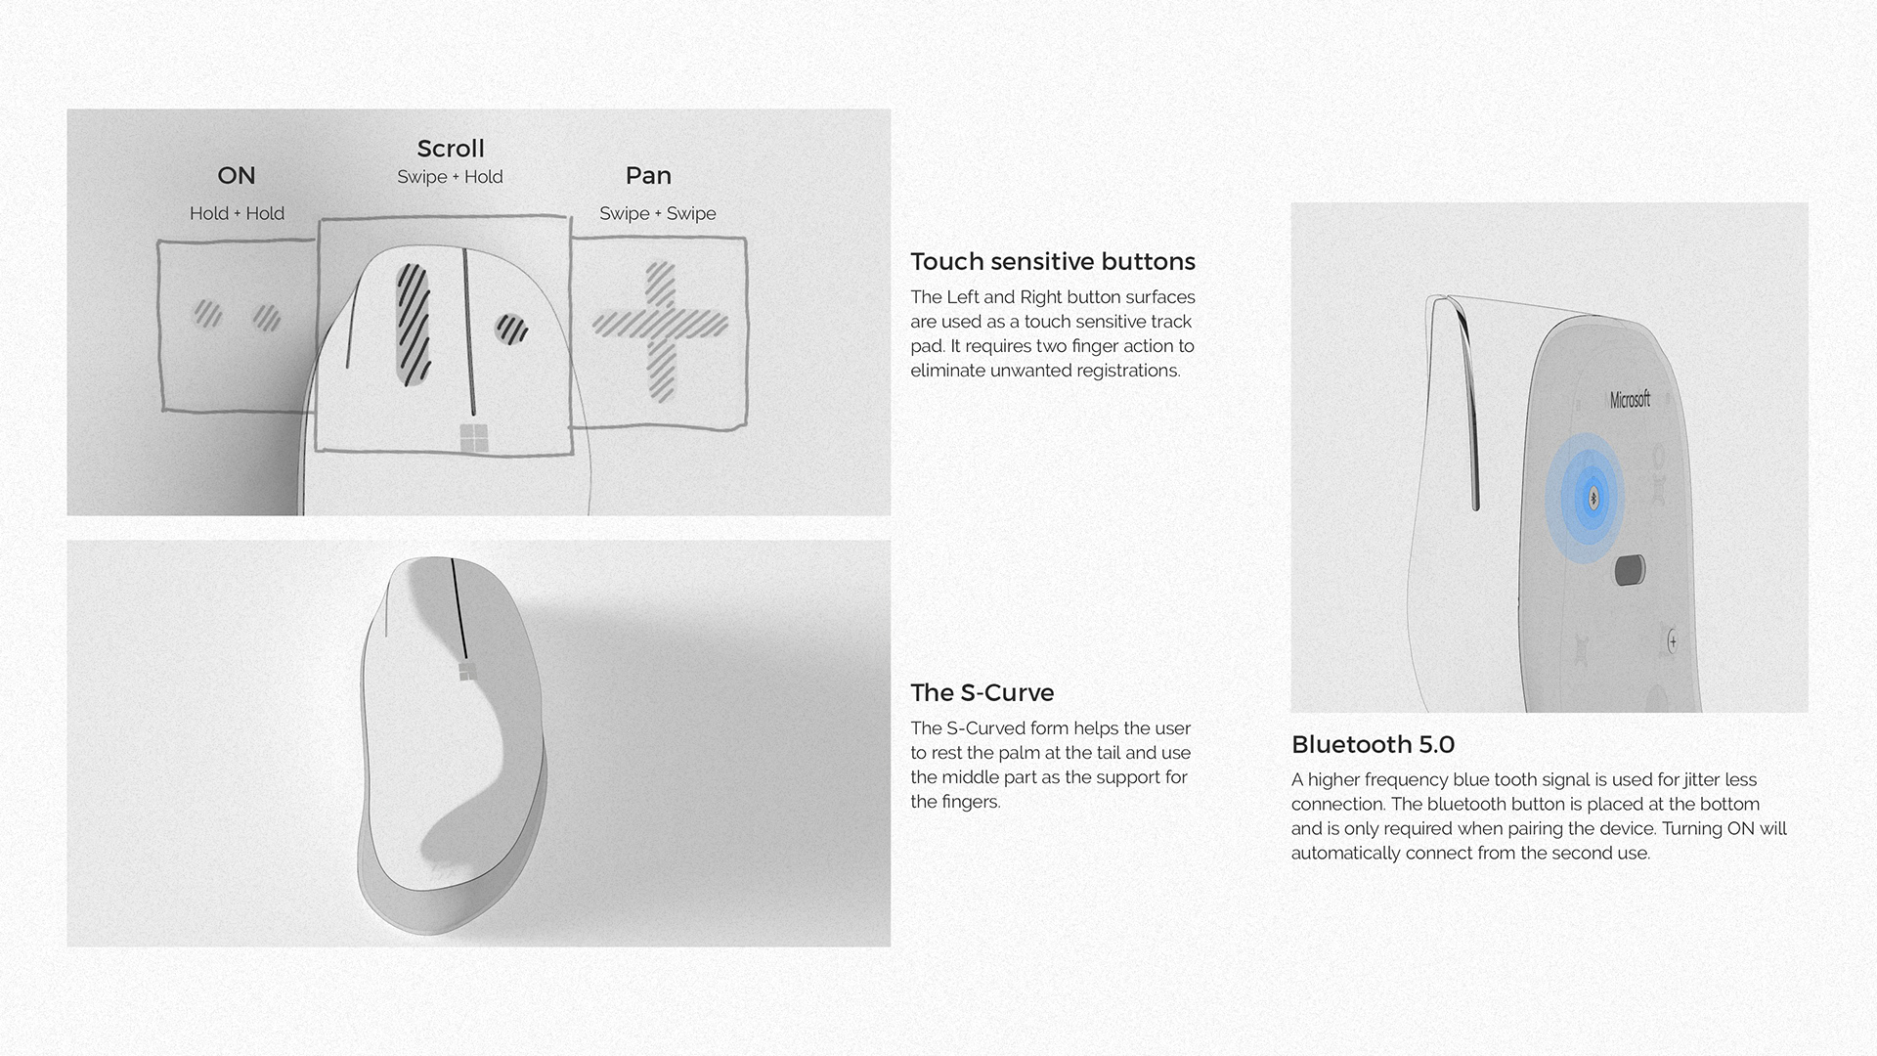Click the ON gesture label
(236, 176)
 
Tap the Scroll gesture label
(450, 149)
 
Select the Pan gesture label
(648, 176)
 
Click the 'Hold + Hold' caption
(237, 213)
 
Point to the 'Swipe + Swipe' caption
(657, 213)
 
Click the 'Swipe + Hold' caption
(450, 177)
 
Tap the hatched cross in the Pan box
(661, 327)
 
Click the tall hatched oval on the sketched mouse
(414, 323)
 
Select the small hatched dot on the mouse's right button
(510, 329)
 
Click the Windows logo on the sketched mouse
(473, 439)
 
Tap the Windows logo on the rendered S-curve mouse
(465, 671)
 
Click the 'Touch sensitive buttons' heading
(1052, 262)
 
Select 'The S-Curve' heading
(982, 693)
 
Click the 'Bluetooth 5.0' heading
(1373, 745)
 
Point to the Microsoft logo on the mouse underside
(1630, 399)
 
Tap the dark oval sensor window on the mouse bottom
(1630, 570)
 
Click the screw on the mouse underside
(1673, 642)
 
